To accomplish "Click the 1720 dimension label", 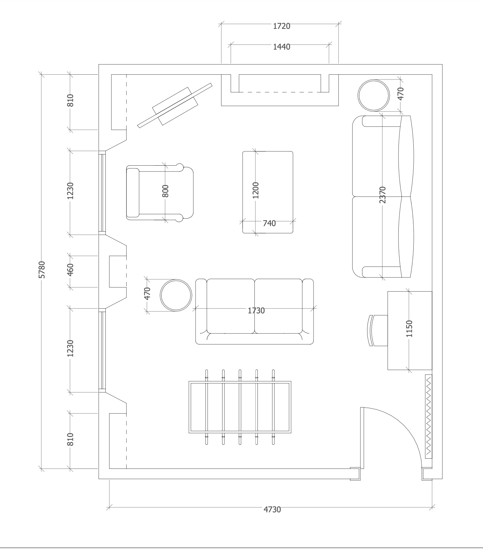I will tap(282, 26).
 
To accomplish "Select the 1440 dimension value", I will tap(282, 47).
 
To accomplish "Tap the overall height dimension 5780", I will tap(41, 270).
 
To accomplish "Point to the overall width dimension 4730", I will tap(272, 509).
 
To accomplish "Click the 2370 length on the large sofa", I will tap(383, 195).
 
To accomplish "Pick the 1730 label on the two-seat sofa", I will tap(256, 310).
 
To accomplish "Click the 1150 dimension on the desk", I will tap(409, 328).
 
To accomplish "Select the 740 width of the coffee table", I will tap(269, 223).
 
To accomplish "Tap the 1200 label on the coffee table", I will tap(256, 190).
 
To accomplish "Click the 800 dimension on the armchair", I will tap(165, 191).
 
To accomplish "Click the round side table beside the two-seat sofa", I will tap(176, 295).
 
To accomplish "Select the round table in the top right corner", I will tap(373, 95).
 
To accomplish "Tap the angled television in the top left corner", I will tap(175, 105).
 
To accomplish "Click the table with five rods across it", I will tap(240, 407).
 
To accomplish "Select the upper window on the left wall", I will tap(102, 192).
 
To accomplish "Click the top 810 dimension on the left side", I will tap(70, 100).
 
